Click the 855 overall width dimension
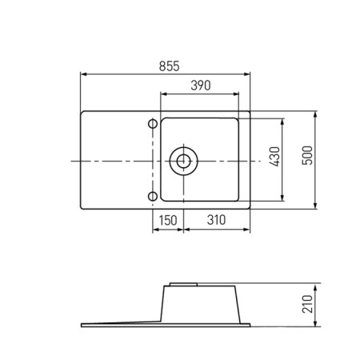click(169, 66)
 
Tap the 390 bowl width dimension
click(201, 86)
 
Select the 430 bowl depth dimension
click(275, 157)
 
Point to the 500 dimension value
click(307, 155)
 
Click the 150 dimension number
click(168, 221)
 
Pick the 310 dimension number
click(216, 220)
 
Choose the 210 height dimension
click(307, 304)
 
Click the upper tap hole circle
click(153, 124)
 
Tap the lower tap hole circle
click(153, 196)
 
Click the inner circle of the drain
click(183, 161)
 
